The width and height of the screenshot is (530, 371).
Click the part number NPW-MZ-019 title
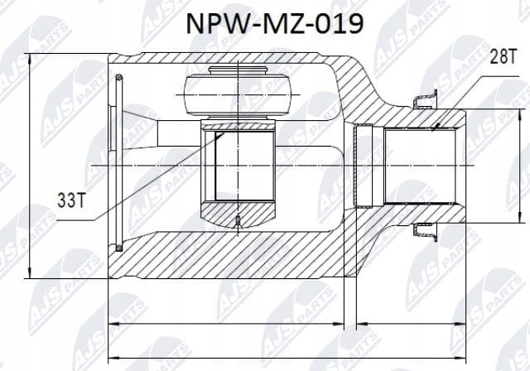coord(275,24)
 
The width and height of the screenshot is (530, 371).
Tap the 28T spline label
coord(503,56)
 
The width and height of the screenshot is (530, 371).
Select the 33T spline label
coord(71,200)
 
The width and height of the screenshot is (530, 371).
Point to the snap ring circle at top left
coord(118,78)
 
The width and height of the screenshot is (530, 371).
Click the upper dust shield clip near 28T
coord(426,99)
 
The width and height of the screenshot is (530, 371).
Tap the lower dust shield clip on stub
coord(426,232)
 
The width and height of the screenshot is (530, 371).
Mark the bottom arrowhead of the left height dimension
coord(30,272)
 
